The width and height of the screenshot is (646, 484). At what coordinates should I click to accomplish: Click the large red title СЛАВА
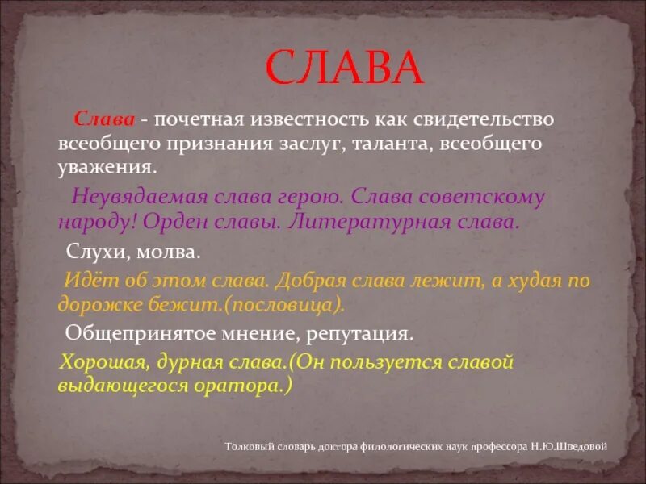point(345,69)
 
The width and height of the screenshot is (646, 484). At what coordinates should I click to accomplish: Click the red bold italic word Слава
point(104,119)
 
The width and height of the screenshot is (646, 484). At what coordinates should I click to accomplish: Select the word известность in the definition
point(308,119)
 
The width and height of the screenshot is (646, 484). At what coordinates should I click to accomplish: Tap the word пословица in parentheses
point(294,306)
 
